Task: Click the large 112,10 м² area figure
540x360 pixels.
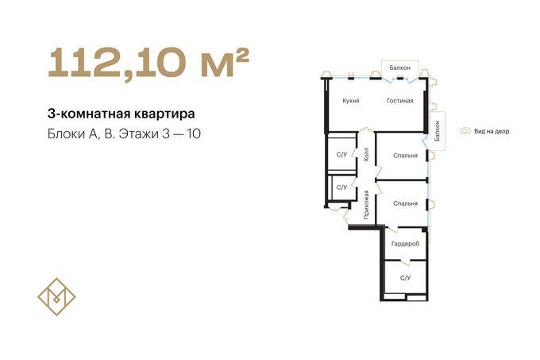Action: (x=148, y=64)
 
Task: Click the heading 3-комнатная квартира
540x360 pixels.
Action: (x=121, y=114)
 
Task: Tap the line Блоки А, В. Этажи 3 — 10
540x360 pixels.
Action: (x=124, y=134)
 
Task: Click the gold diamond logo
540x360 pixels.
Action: (x=56, y=296)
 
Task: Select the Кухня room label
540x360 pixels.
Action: (x=351, y=101)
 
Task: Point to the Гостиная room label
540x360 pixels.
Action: (x=399, y=101)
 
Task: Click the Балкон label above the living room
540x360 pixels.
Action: (x=399, y=68)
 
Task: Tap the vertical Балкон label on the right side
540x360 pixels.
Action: (x=438, y=130)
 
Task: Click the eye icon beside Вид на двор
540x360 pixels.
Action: (x=465, y=131)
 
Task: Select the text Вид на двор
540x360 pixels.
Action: (x=492, y=131)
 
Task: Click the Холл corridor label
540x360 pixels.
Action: (x=366, y=155)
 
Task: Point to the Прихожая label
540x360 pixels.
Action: (x=366, y=205)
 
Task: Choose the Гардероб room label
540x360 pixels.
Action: (x=405, y=244)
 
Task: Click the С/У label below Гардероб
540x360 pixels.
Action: (x=405, y=277)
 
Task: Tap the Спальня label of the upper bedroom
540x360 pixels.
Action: (x=405, y=156)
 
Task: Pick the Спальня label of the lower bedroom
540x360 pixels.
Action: (x=405, y=203)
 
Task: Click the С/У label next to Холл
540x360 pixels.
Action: (x=341, y=155)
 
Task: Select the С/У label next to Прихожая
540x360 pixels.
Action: (x=341, y=188)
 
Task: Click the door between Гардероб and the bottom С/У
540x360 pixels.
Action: (x=406, y=262)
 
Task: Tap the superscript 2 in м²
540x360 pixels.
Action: (x=243, y=55)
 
